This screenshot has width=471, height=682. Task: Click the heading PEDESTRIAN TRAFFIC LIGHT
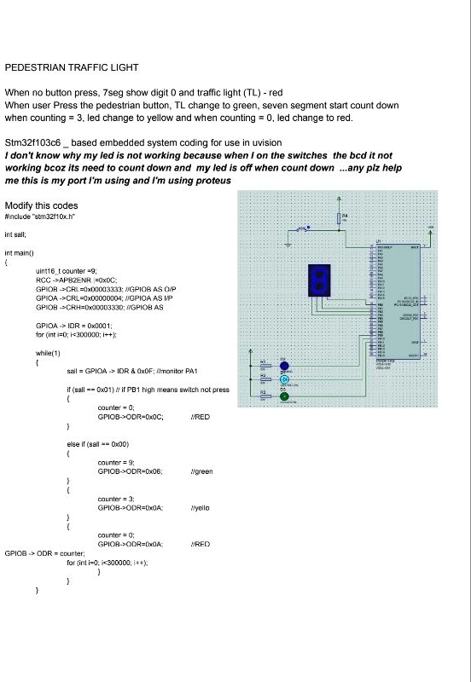[x=72, y=66]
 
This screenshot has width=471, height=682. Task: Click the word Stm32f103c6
[x=33, y=142]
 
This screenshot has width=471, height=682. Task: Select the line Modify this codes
[x=41, y=205]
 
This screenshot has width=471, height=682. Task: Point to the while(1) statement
[x=48, y=352]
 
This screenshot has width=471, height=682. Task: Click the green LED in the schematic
[x=285, y=396]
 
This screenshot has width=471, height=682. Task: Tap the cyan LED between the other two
[x=285, y=380]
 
